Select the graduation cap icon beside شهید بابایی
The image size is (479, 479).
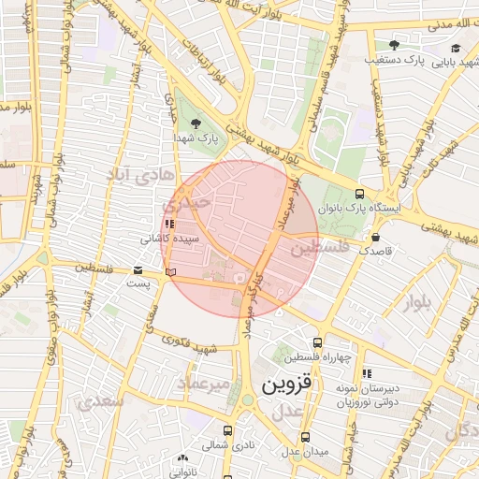click(x=456, y=48)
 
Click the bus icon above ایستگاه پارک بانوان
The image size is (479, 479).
click(x=360, y=194)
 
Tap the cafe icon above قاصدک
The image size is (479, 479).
click(x=376, y=238)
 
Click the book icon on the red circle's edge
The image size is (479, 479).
click(x=169, y=271)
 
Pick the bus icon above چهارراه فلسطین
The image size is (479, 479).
click(x=318, y=343)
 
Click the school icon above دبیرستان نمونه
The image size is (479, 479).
click(x=368, y=373)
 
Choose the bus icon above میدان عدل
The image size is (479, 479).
click(x=306, y=437)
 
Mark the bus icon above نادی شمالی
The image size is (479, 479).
click(x=229, y=431)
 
